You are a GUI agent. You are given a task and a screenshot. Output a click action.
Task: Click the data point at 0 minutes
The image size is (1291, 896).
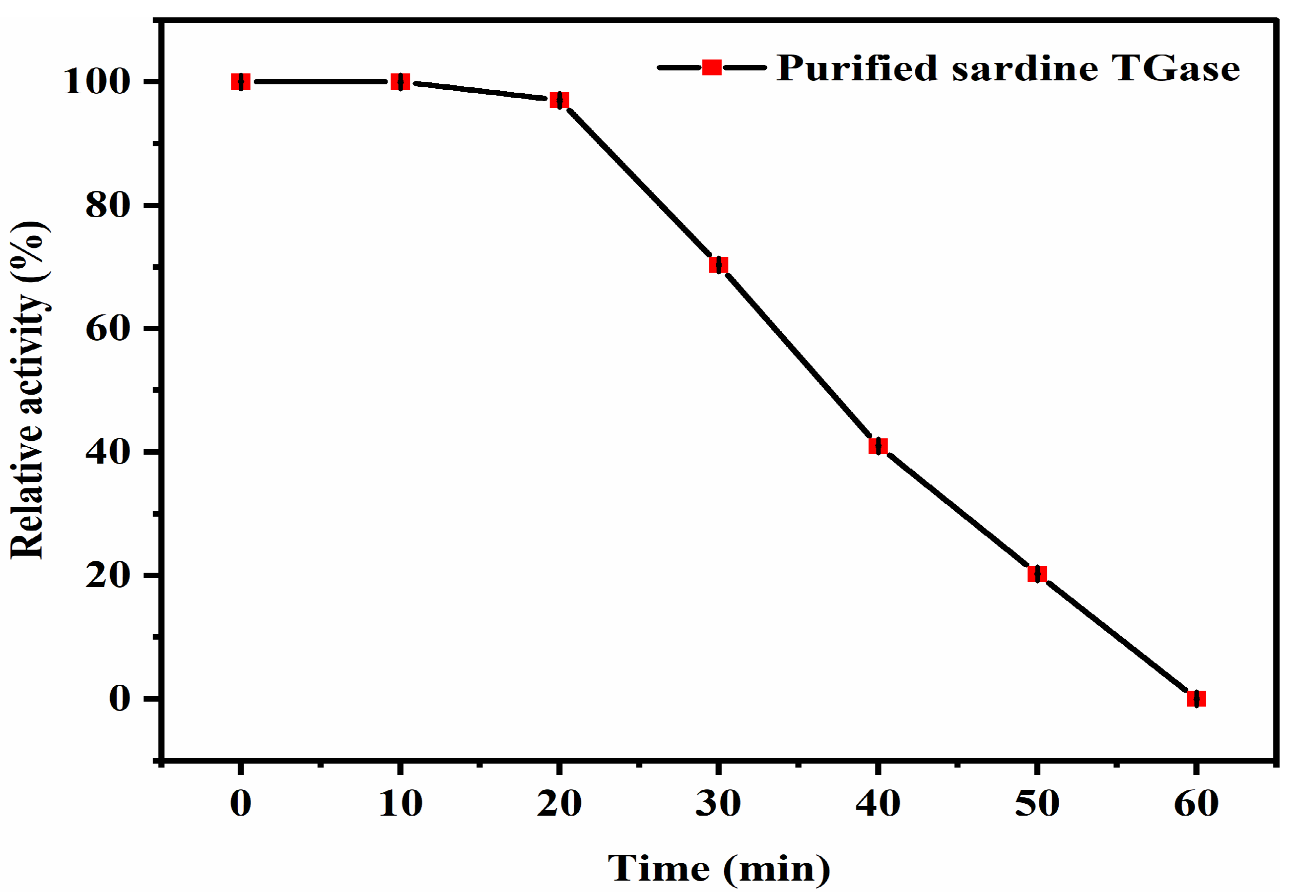pos(240,82)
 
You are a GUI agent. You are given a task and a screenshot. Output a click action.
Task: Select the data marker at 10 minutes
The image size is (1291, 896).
pos(400,82)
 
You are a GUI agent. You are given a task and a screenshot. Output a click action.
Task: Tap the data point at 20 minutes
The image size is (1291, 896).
pos(559,101)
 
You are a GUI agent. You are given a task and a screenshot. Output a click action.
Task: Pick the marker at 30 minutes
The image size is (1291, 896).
pos(718,264)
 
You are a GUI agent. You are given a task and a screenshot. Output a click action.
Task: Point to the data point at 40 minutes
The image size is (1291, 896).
pos(878,446)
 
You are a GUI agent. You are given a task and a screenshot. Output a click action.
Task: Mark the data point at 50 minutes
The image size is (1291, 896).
pos(1037,574)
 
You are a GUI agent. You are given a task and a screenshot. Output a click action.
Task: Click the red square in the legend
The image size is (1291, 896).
pos(712,67)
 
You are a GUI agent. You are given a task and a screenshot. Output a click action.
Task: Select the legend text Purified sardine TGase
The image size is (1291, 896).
pos(1008,68)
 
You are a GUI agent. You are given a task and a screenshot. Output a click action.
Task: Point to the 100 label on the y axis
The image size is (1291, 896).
pos(97,82)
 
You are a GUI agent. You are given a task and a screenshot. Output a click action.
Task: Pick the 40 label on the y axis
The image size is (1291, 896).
pos(108,451)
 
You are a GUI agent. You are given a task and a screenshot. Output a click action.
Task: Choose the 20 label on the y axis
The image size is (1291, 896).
pos(108,576)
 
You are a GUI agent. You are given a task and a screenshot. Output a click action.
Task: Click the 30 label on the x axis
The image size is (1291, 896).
pos(718,803)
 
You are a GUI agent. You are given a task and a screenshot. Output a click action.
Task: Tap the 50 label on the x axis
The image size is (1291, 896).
pos(1037,803)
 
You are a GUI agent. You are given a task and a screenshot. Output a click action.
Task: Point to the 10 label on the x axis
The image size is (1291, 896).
pos(400,803)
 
